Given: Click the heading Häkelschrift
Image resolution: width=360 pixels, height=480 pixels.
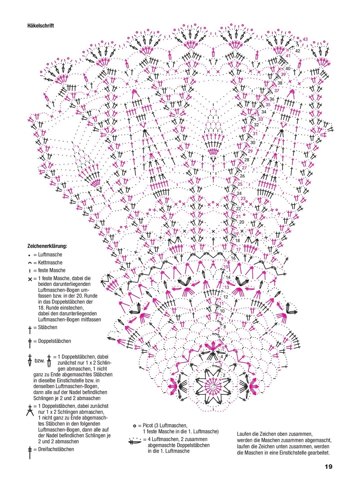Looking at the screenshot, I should point(41,26).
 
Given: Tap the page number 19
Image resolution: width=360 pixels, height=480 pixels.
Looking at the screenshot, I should point(328,467).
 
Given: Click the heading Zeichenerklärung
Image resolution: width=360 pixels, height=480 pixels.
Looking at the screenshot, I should point(47,246).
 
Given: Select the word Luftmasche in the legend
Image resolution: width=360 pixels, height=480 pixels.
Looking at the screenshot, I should point(50,255).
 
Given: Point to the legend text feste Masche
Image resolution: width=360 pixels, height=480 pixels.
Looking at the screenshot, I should point(52,270).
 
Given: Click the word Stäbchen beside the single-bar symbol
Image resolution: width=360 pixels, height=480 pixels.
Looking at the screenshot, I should point(48,327).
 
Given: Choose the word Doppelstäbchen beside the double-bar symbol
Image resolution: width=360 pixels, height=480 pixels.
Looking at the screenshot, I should point(54,341).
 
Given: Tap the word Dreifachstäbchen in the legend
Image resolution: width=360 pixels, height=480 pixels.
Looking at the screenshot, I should point(56,449).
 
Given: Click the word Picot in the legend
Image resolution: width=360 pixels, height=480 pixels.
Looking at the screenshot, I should point(148,425).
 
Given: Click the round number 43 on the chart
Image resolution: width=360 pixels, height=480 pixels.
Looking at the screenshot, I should point(305,39).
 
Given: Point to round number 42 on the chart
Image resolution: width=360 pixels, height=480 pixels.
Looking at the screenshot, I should point(298,51).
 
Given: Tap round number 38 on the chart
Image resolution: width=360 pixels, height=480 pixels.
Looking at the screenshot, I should point(280,83).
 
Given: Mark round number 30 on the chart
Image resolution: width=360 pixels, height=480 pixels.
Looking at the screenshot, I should point(253,143).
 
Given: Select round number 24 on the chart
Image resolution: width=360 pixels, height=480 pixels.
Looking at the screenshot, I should point(239,193).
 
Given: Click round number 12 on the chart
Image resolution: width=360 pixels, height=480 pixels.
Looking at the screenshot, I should point(226,297).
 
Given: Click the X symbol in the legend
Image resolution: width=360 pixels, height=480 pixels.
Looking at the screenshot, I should point(30,279).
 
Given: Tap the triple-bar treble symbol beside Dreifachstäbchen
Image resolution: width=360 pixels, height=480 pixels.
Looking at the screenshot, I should point(30,452).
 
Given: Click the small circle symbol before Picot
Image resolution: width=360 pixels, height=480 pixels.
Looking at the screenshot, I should point(135,426).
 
